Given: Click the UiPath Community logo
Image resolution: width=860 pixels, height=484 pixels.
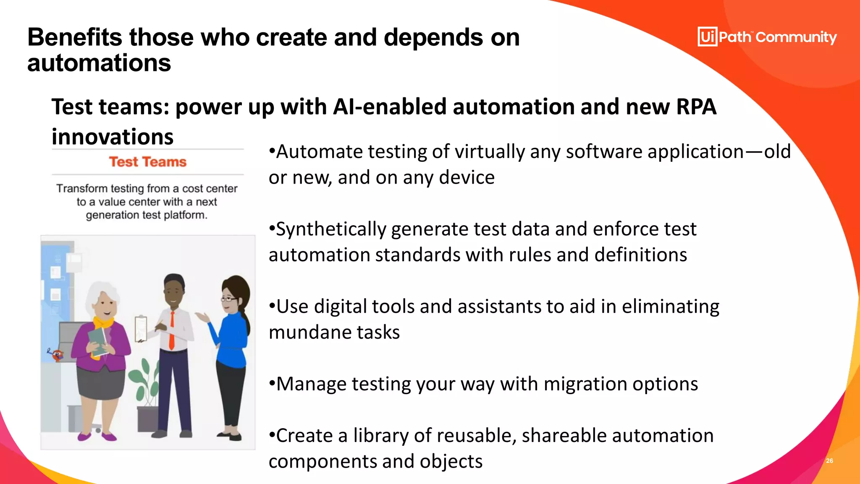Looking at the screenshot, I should tap(767, 37).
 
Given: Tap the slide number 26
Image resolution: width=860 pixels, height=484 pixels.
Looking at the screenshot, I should tap(829, 461).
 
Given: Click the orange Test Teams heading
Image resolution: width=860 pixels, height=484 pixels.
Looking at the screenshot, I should tap(147, 162).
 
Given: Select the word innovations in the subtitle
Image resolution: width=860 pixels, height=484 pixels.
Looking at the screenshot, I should tap(113, 137).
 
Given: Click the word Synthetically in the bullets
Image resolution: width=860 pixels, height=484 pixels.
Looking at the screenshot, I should tap(331, 229).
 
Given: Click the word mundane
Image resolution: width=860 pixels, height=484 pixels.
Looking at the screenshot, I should tap(309, 332).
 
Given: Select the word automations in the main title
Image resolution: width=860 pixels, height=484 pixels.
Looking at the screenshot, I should tap(99, 63).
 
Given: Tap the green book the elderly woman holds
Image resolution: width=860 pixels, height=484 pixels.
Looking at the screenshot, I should tap(98, 340).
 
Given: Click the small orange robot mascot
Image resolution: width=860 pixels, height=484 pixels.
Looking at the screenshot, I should tap(56, 355).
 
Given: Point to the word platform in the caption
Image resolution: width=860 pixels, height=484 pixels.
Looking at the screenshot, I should tap(185, 215).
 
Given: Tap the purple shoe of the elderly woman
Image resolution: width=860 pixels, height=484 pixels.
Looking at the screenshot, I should tap(109, 437).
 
